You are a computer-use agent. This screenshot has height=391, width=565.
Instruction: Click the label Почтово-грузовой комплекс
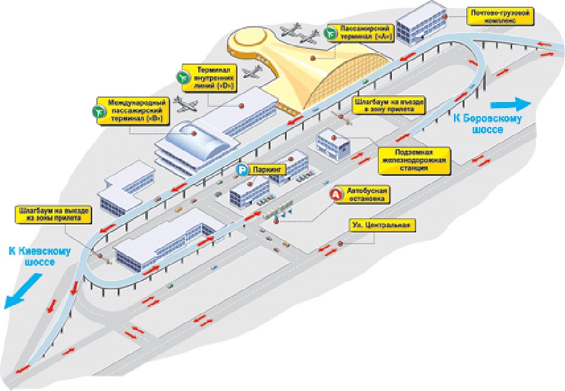(501, 15)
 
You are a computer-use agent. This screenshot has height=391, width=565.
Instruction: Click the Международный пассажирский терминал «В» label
(134, 109)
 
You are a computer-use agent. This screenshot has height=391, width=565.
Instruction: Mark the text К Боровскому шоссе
(488, 124)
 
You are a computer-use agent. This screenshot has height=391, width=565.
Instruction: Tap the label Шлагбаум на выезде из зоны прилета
(54, 214)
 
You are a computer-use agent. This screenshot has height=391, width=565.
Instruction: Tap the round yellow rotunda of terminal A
(250, 42)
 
